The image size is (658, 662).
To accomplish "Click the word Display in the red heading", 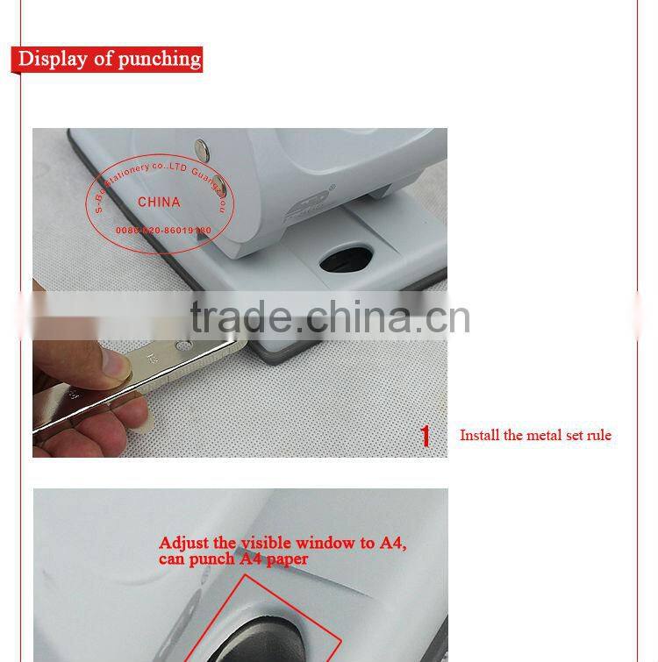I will (53, 60).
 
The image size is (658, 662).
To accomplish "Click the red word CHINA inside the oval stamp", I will (159, 202).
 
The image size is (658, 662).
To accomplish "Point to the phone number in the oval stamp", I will (163, 230).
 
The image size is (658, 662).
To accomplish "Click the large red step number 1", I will (426, 436).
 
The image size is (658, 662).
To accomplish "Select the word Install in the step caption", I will (479, 435).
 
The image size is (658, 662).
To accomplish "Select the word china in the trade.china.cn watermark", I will (366, 317).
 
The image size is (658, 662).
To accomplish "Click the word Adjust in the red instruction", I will (183, 543).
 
